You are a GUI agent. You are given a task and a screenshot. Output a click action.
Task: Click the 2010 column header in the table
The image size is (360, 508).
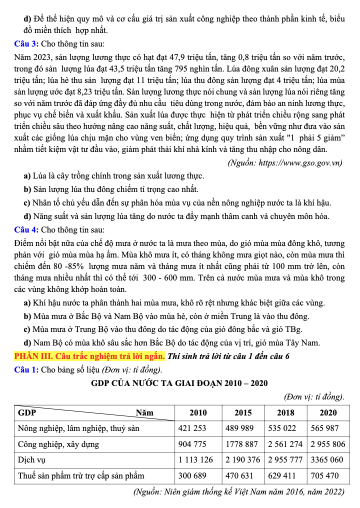coord(197,412)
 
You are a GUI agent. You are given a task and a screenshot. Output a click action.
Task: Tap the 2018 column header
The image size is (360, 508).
coord(285,412)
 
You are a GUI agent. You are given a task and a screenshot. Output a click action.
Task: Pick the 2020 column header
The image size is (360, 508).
coord(328,412)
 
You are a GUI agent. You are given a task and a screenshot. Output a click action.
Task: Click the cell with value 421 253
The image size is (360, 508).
coord(192,428)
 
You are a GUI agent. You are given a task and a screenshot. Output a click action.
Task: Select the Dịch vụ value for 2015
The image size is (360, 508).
coord(242,459)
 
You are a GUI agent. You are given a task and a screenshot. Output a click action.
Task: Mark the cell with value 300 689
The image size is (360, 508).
coord(192,475)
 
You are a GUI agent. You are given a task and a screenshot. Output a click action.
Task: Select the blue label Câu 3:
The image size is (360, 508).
coord(27,44)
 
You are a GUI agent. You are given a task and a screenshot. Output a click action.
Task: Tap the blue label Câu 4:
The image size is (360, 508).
coord(27,230)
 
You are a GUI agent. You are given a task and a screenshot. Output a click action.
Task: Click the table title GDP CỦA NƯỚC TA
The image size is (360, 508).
coord(179,383)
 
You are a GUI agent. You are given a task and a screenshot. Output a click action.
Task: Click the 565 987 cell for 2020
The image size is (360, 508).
coord(324,428)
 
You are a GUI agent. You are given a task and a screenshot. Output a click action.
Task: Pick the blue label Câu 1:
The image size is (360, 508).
coord(27,370)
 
